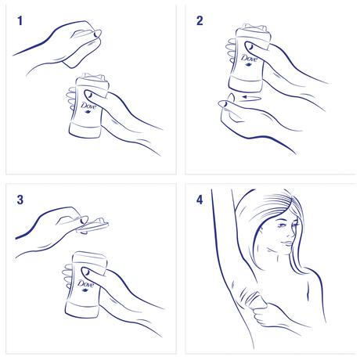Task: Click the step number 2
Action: (199, 21)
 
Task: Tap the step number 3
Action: (20, 200)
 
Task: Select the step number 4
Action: (200, 200)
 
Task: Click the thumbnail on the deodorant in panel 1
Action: (73, 98)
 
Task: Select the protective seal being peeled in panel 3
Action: (92, 225)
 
